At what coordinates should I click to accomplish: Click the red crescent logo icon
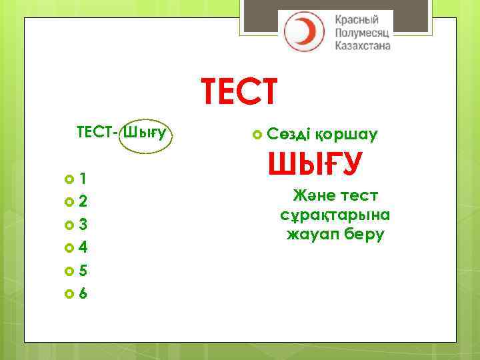[304, 31]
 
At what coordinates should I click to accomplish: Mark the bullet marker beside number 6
[69, 294]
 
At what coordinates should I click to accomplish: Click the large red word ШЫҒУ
[314, 164]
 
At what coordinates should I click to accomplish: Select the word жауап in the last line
[311, 235]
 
